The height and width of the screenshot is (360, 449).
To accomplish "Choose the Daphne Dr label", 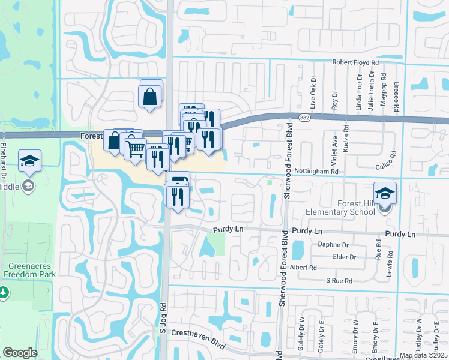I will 334,245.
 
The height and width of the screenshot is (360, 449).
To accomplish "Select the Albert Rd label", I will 303,268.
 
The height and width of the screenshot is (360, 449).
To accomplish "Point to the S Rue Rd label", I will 339,280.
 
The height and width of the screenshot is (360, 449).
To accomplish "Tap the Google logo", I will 20,353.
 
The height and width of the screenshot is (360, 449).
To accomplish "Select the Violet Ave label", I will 334,148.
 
